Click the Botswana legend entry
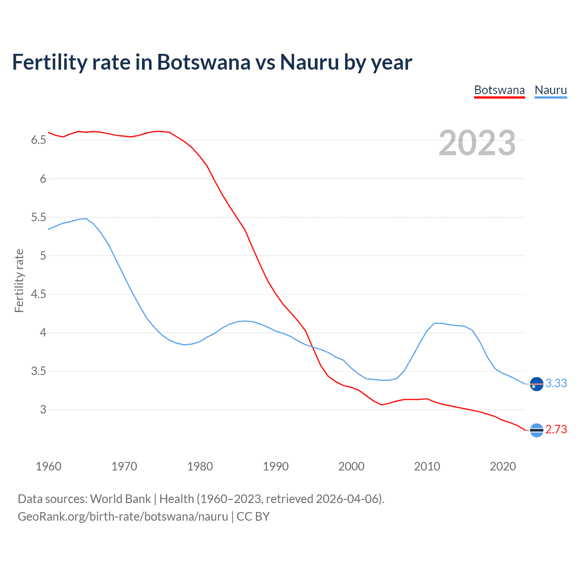pyautogui.click(x=499, y=90)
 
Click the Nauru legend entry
pyautogui.click(x=551, y=90)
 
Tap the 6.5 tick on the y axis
pyautogui.click(x=38, y=140)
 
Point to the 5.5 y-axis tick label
pyautogui.click(x=38, y=217)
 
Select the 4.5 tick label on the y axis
pyautogui.click(x=38, y=294)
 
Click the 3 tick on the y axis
pyautogui.click(x=43, y=410)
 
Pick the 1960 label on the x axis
pyautogui.click(x=48, y=466)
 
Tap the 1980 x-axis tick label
pyautogui.click(x=200, y=466)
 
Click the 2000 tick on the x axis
pyautogui.click(x=351, y=466)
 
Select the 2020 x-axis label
pyautogui.click(x=503, y=466)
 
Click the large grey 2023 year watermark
pyautogui.click(x=477, y=143)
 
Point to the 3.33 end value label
pyautogui.click(x=556, y=384)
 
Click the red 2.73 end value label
pyautogui.click(x=556, y=430)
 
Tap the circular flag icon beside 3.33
pyautogui.click(x=536, y=384)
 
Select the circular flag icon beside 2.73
pyautogui.click(x=536, y=430)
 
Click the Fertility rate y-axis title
pyautogui.click(x=19, y=280)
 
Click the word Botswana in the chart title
pyautogui.click(x=204, y=62)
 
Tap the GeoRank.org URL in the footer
pyautogui.click(x=123, y=517)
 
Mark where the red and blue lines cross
pyautogui.click(x=313, y=347)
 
